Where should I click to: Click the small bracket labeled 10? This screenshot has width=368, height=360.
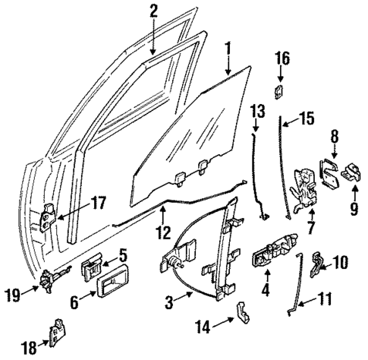[x=319, y=263]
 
